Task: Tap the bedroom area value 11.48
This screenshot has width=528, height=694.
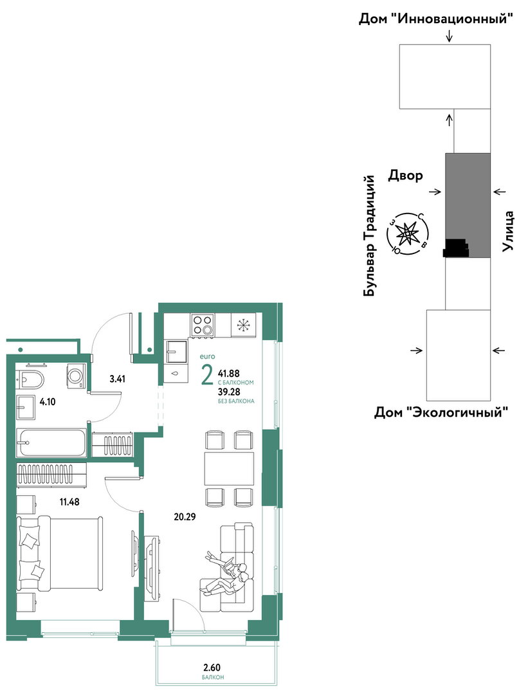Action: coord(69,502)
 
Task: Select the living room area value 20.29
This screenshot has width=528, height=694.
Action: coord(185,516)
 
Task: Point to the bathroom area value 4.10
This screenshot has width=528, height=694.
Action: coord(48,403)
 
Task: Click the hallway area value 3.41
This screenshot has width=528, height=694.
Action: coord(117,378)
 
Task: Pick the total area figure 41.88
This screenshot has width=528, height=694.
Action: coord(229,374)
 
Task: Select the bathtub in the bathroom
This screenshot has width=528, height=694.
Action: coord(51,443)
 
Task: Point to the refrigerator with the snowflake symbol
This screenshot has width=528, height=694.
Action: coord(243,325)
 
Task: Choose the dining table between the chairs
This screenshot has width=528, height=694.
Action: coord(229,469)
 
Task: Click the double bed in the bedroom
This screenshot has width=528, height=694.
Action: coord(60,553)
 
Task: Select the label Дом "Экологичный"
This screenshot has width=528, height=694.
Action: coord(441,412)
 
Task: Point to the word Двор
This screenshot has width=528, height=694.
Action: coord(405,176)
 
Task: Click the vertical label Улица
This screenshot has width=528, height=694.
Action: coord(509,232)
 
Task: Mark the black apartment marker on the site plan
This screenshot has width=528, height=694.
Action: coord(456,248)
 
